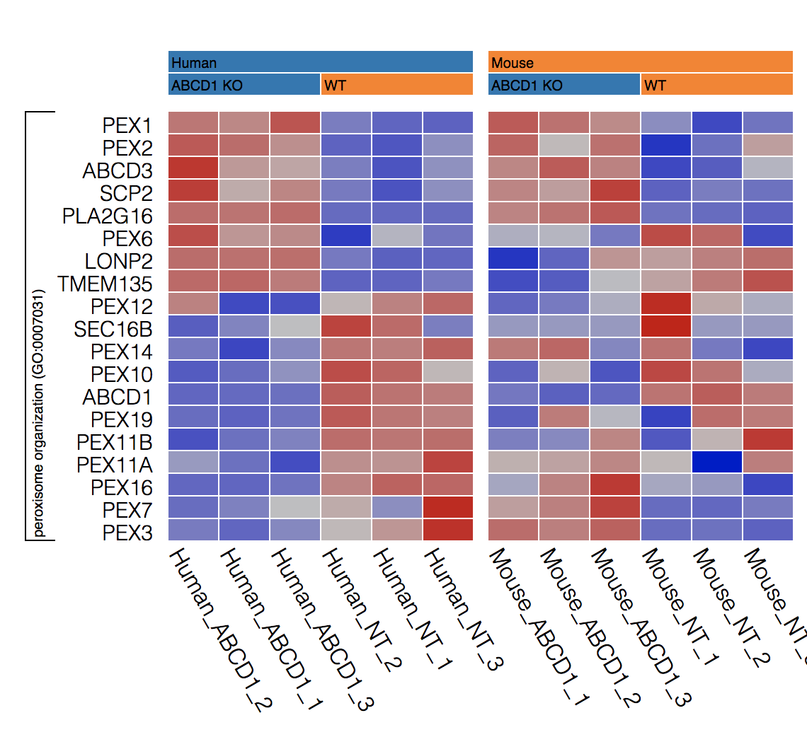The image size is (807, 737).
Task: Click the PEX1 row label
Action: (127, 126)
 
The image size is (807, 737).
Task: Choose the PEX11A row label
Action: (114, 465)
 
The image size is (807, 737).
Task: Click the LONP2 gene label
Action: (119, 261)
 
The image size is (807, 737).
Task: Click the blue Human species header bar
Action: (320, 62)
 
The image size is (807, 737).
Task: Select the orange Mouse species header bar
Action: (640, 62)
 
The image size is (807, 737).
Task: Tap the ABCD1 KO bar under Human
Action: (244, 85)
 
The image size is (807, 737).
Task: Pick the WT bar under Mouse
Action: (716, 85)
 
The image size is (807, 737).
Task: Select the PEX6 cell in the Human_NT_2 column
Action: (346, 238)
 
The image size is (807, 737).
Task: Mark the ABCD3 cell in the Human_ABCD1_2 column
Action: (193, 170)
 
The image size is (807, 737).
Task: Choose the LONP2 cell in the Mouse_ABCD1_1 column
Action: (513, 261)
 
